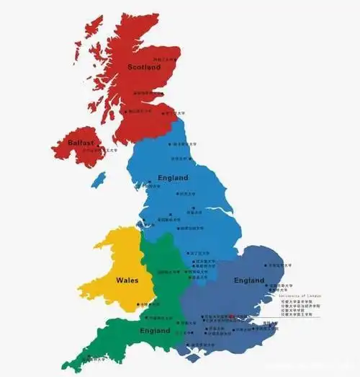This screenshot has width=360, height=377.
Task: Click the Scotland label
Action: coord(145,67)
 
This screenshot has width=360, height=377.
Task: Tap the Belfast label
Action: coord(81,143)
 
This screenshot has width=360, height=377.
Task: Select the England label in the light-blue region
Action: coord(172,177)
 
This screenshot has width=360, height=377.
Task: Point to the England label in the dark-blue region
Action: coord(249,279)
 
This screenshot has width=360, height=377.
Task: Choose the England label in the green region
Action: coord(156,331)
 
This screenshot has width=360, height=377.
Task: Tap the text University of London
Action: coord(301,296)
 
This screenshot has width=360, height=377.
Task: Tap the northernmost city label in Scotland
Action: coord(166,58)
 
